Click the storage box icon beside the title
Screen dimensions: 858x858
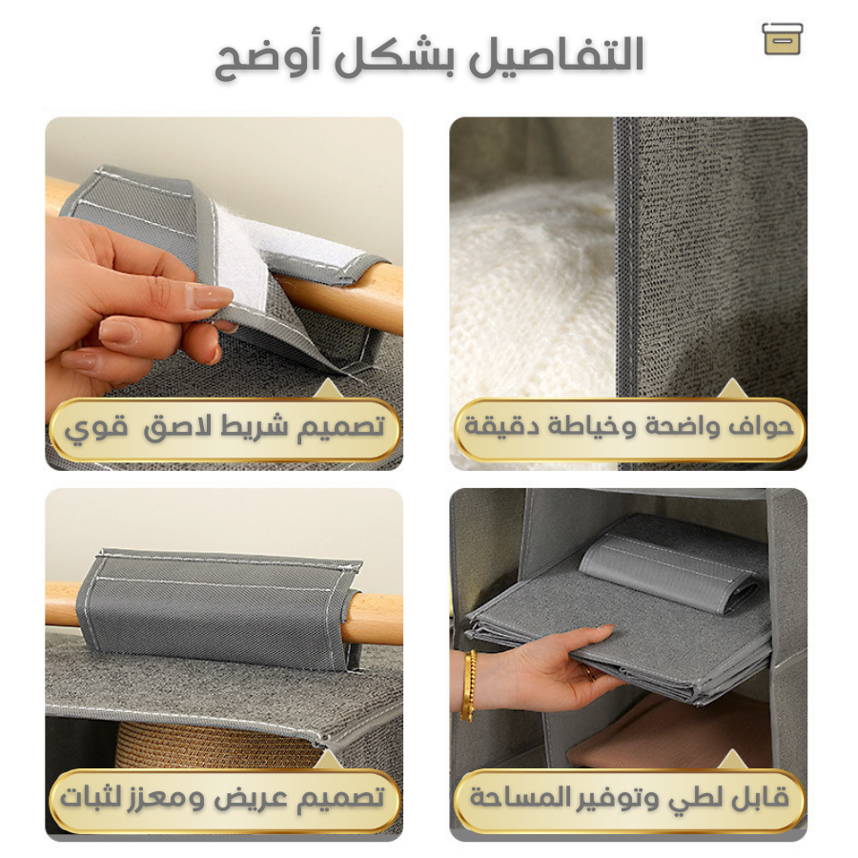pyautogui.click(x=783, y=39)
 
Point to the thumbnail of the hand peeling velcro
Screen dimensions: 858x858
pyautogui.click(x=224, y=294)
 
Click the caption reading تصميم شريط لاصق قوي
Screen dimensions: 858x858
pyautogui.click(x=224, y=428)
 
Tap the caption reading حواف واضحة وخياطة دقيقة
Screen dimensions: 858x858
pyautogui.click(x=629, y=427)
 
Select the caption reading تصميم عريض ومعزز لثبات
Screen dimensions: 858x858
pyautogui.click(x=222, y=798)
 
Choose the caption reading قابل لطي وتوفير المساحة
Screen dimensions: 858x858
pyautogui.click(x=629, y=798)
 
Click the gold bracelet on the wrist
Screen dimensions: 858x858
pyautogui.click(x=468, y=684)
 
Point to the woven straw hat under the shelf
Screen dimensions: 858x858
pyautogui.click(x=219, y=746)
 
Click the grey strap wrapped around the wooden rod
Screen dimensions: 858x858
pyautogui.click(x=219, y=608)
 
